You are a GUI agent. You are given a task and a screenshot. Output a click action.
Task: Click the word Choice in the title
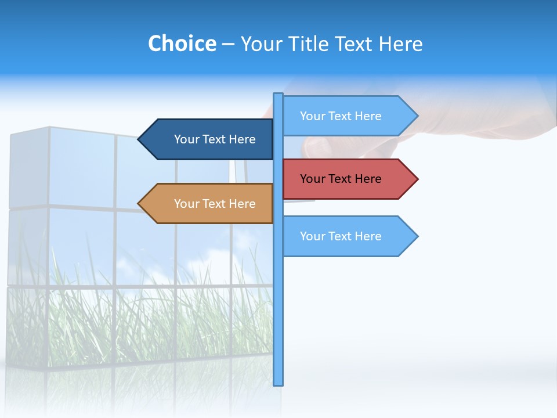tap(182, 44)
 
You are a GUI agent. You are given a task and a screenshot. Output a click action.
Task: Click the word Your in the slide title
tap(261, 44)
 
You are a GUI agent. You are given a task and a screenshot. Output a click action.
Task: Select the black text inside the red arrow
tap(341, 179)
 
